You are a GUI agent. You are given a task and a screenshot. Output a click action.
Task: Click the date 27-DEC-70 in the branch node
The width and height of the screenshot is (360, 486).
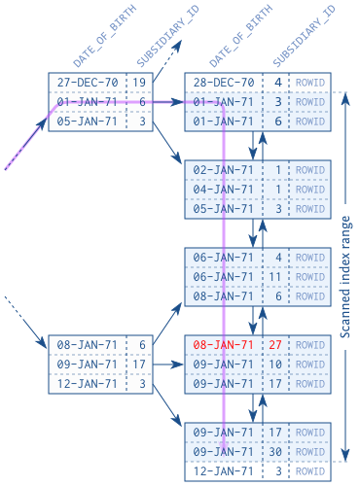[x=87, y=83]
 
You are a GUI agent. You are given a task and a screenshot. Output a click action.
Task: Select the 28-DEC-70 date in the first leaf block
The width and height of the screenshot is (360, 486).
[x=224, y=83]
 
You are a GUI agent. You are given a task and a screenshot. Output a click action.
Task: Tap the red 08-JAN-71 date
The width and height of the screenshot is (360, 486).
[x=224, y=345]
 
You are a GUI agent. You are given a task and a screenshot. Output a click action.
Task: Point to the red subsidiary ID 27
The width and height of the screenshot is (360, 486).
[x=277, y=345]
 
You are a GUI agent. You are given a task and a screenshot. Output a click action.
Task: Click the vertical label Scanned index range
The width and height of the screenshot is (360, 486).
[x=346, y=277]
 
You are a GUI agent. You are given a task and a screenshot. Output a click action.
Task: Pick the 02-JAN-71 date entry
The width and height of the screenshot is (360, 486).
[x=224, y=170]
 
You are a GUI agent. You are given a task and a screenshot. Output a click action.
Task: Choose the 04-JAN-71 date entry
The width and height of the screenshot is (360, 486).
[x=224, y=190]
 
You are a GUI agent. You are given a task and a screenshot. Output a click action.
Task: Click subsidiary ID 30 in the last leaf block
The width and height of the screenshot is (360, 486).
[x=277, y=452]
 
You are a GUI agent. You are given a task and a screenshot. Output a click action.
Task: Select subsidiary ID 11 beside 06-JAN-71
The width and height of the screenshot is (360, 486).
[x=277, y=277]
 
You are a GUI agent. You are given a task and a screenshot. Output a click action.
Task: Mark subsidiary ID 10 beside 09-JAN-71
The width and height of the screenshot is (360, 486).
[x=277, y=364]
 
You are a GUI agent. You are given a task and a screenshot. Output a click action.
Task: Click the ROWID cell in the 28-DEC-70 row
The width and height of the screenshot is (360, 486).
[x=310, y=83]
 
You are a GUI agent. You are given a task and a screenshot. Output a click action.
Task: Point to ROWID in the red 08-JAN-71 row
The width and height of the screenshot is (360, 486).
[x=310, y=345]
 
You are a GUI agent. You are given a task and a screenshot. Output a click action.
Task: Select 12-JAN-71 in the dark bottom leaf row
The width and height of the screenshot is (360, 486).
[x=224, y=471]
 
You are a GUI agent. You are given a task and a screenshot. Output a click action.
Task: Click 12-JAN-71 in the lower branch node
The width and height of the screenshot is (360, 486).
[x=87, y=384]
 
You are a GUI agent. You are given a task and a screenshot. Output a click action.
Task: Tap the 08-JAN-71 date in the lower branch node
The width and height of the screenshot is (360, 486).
[x=87, y=345]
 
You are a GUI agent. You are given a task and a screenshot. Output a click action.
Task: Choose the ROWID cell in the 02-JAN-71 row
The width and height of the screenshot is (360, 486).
[x=310, y=170]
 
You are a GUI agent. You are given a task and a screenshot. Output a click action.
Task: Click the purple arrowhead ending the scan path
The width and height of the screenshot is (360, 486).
[x=225, y=447]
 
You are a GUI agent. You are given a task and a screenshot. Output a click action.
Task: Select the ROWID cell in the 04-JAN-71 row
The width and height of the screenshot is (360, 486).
[x=310, y=190]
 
